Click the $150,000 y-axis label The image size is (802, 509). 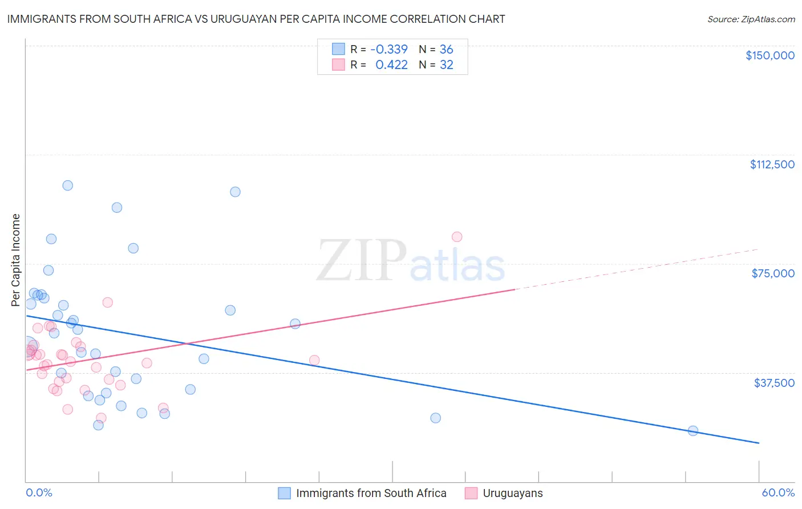click(769, 55)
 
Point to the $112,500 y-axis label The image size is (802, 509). click(772, 164)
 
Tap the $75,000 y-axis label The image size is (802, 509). click(773, 273)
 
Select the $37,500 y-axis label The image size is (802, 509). click(774, 383)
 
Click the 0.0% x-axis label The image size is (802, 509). click(39, 492)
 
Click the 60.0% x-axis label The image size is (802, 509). click(778, 492)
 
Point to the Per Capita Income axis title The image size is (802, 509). click(15, 260)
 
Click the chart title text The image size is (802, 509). click(256, 19)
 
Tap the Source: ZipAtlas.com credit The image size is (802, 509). click(751, 19)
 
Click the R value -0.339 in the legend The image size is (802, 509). click(389, 49)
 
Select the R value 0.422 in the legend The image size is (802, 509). click(391, 65)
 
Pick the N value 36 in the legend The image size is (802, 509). click(446, 49)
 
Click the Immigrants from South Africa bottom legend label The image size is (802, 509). click(371, 493)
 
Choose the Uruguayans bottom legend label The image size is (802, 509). click(513, 493)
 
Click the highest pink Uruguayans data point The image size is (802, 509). click(457, 237)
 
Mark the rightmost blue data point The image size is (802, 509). click(693, 431)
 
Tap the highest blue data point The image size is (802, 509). click(68, 185)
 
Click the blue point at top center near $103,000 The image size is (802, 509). click(235, 192)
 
